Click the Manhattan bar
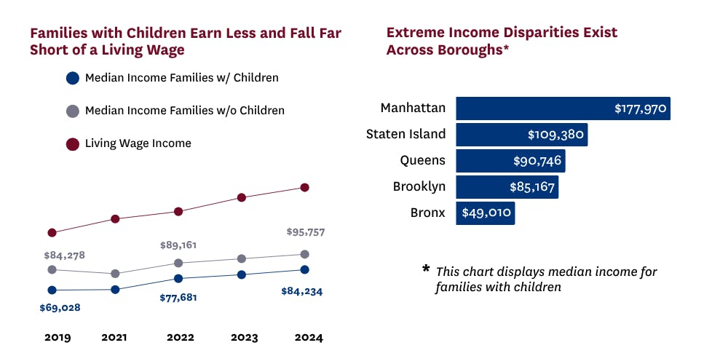coord(563,108)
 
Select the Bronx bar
coord(486,213)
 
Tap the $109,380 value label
coord(555,135)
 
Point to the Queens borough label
coord(422,160)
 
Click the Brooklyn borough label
coord(419,186)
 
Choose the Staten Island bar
coord(521,135)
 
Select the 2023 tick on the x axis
coord(243,338)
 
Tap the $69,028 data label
coord(60,308)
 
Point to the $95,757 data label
coord(305,233)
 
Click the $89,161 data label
coord(178,245)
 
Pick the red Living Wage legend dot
coord(72,144)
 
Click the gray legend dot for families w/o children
coord(72,111)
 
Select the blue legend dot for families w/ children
coord(72,78)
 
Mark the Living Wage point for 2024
coord(305,188)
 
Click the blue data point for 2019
coord(52,290)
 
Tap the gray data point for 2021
coord(114,274)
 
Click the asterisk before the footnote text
coord(426,269)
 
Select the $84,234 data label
coord(301,292)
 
